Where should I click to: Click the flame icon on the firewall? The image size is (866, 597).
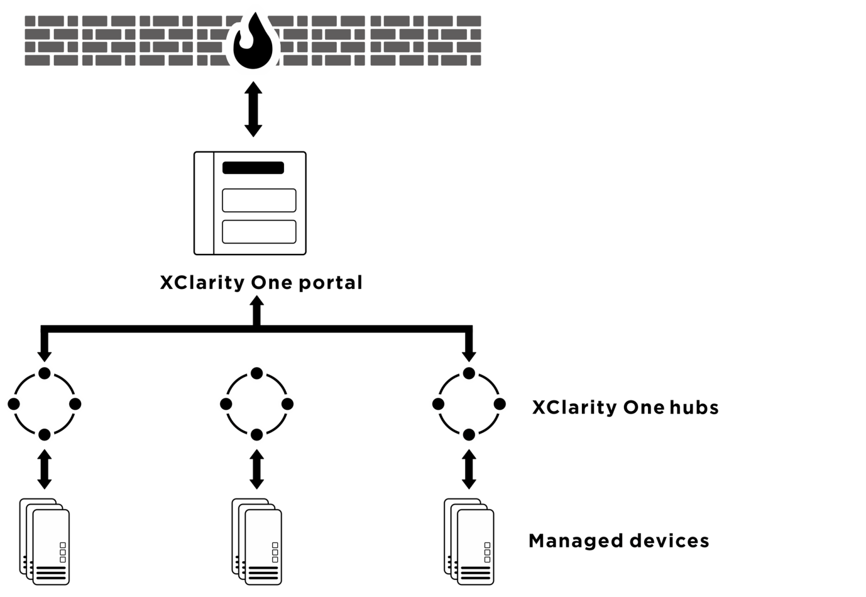[253, 42]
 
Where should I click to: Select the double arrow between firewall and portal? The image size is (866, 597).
[253, 109]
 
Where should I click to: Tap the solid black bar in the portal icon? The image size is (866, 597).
[253, 168]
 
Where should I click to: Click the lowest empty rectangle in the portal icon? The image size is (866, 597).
[259, 232]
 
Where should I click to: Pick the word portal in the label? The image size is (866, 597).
[330, 283]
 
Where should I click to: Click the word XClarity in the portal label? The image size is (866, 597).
[202, 283]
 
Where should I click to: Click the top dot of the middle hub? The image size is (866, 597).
[257, 373]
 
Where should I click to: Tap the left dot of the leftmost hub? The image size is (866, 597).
[14, 404]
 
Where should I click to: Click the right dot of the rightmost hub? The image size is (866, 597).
[500, 404]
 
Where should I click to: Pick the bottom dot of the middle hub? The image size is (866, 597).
[257, 435]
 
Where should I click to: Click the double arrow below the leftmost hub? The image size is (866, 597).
[45, 469]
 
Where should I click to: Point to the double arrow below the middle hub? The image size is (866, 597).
[257, 469]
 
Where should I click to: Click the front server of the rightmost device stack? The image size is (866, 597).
[475, 547]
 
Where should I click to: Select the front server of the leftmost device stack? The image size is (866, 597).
[51, 547]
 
